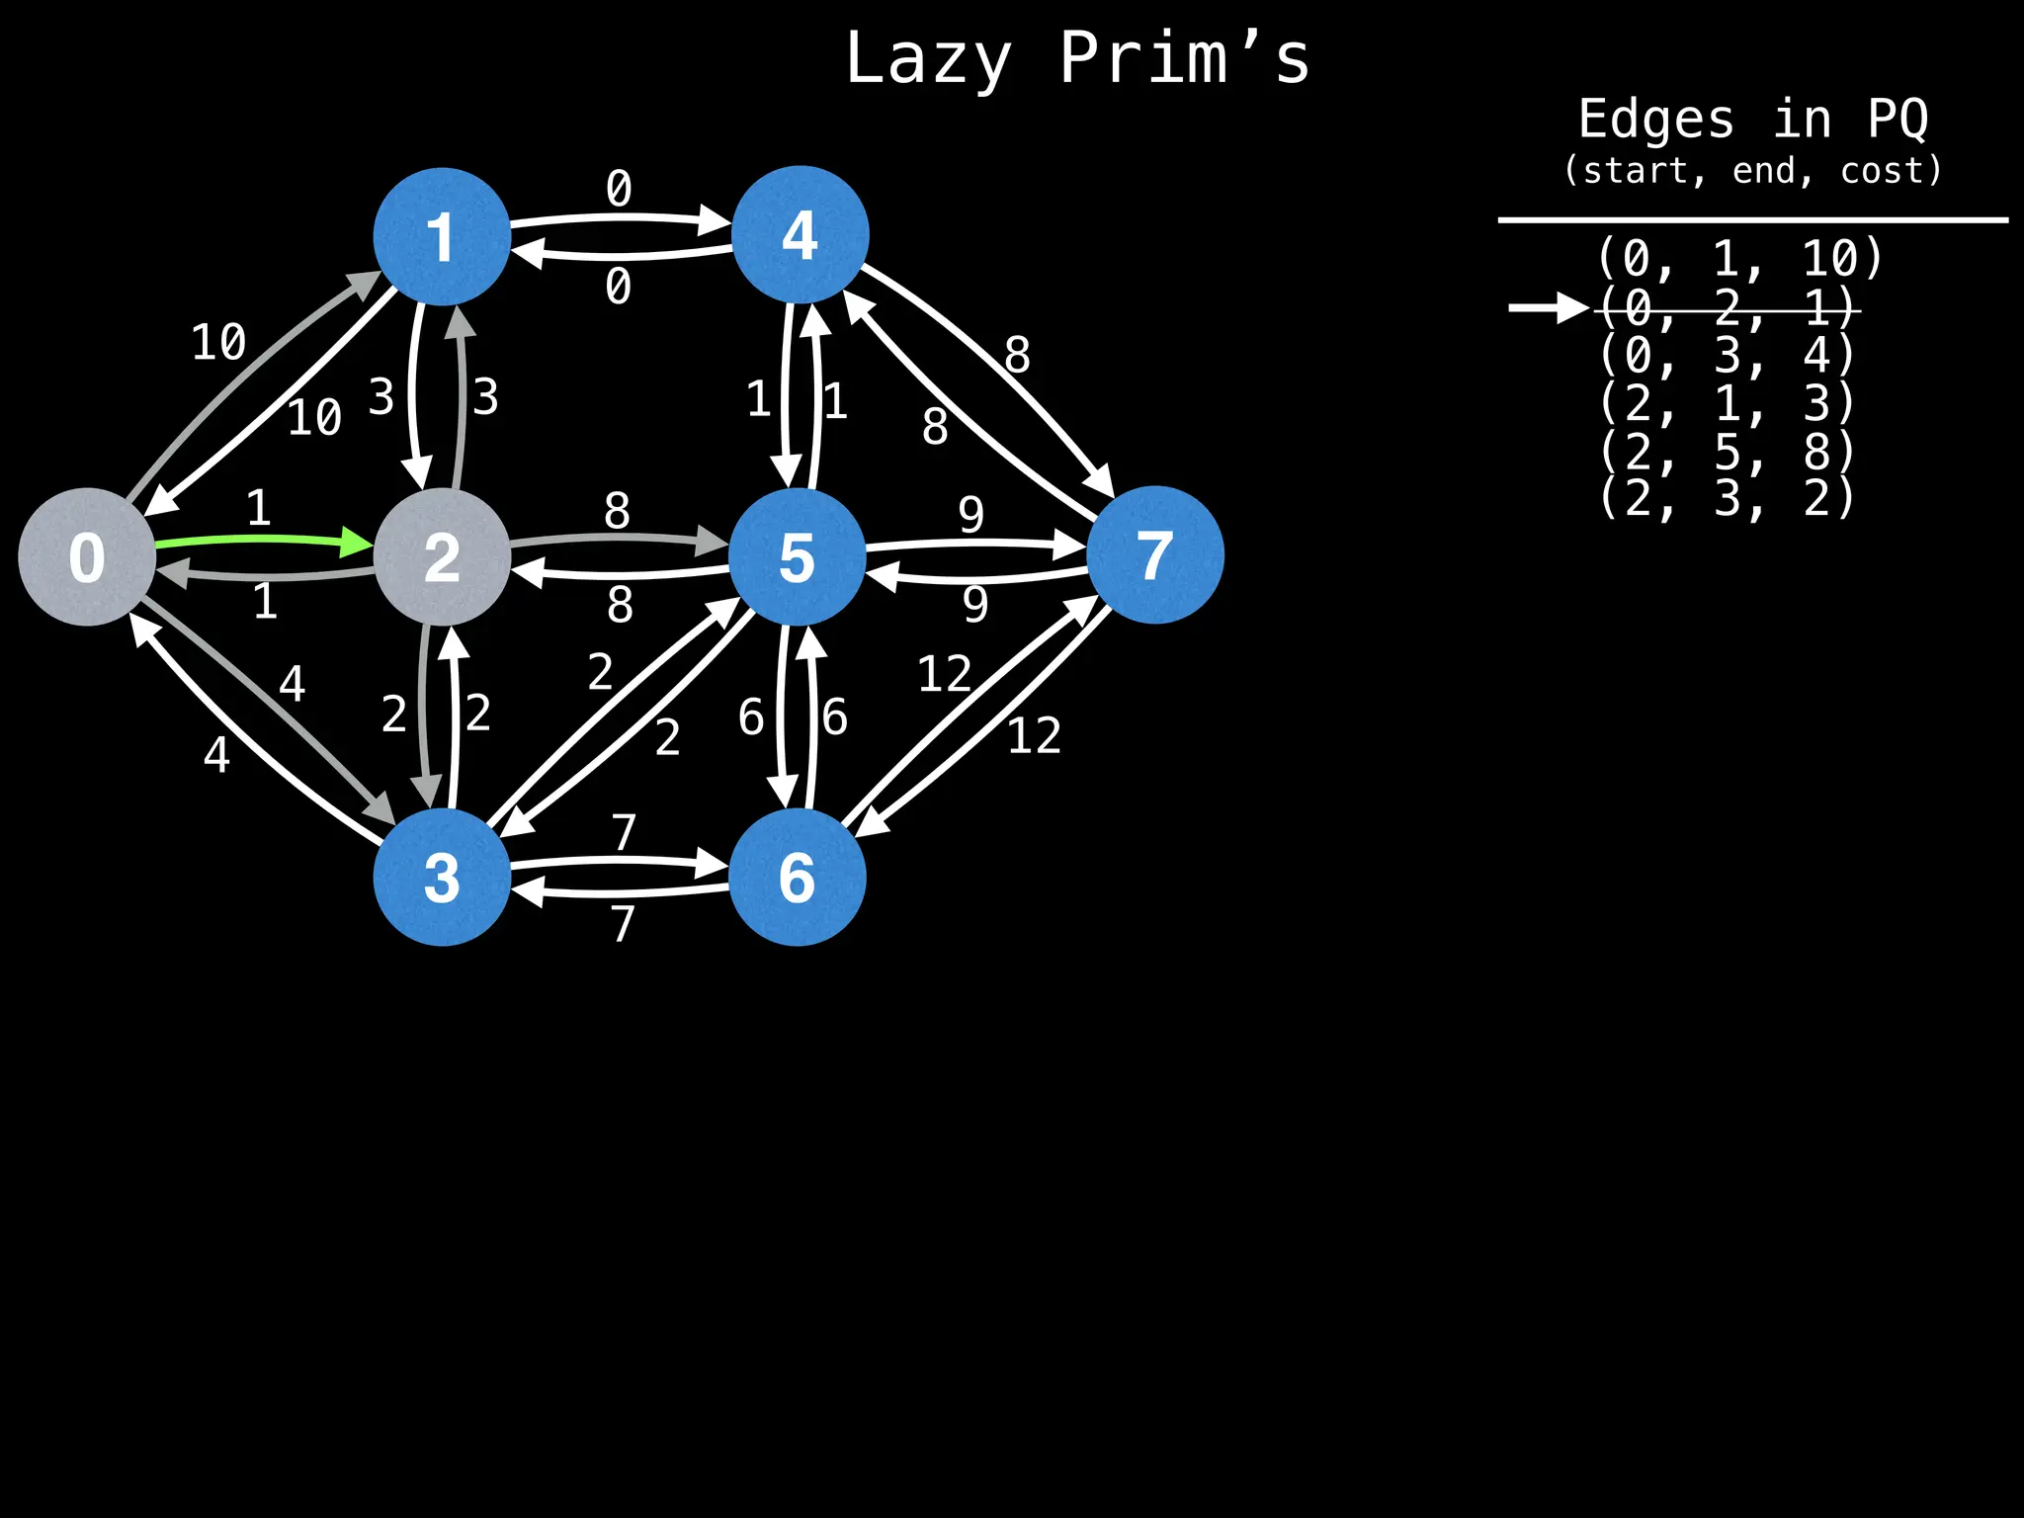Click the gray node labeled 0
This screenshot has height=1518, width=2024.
click(x=87, y=556)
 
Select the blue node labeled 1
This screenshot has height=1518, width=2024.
click(x=442, y=236)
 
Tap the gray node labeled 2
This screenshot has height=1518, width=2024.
click(x=442, y=556)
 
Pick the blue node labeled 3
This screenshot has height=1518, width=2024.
click(x=442, y=877)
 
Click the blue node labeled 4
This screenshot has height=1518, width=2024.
click(x=800, y=234)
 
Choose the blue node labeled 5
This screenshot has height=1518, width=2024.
click(x=798, y=556)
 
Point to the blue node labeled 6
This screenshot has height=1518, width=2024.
click(x=798, y=877)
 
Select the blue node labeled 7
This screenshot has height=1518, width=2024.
click(x=1154, y=554)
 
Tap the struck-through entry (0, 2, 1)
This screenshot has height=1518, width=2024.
click(x=1727, y=308)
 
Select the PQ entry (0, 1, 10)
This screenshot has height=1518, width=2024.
click(x=1739, y=259)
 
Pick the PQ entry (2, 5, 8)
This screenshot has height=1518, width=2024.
click(x=1727, y=452)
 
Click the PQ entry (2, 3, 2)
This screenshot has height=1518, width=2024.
click(x=1727, y=498)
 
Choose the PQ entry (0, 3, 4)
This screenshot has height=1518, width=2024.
click(x=1727, y=356)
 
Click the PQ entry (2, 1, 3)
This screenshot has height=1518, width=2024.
click(x=1727, y=403)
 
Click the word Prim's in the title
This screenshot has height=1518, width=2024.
click(x=1184, y=59)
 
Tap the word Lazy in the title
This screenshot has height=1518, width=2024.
click(x=928, y=59)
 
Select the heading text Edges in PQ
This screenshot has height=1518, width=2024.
click(x=1752, y=120)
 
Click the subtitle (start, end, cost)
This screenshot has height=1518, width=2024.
click(x=1752, y=171)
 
